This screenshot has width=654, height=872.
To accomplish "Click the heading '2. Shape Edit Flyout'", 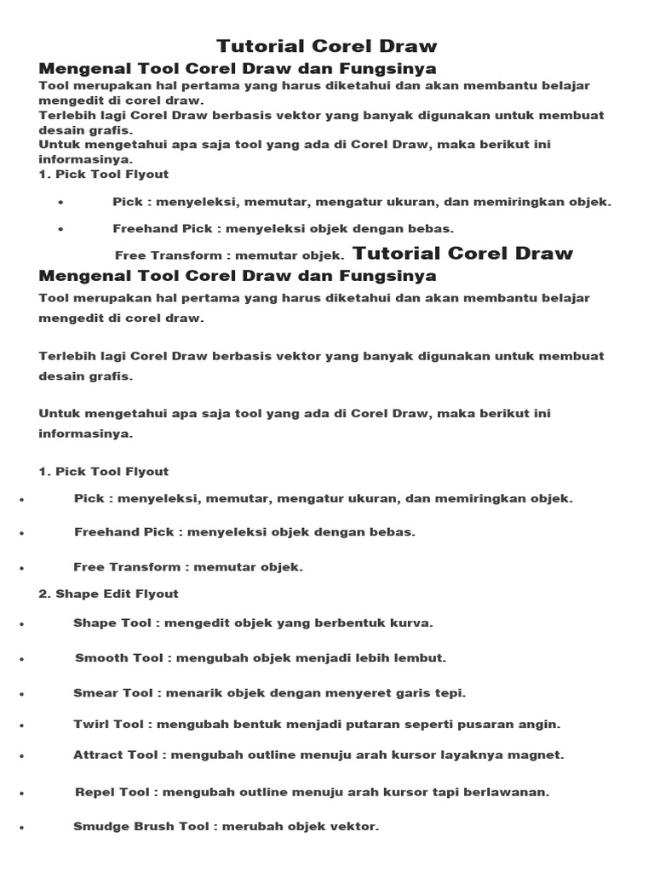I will tap(108, 594).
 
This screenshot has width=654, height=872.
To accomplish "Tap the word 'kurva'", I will tap(413, 623).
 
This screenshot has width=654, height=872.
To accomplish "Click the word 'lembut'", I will tap(425, 658).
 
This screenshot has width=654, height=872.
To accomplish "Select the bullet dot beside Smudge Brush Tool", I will tap(20, 828).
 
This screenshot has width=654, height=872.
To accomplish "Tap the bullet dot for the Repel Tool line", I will tap(20, 794).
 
